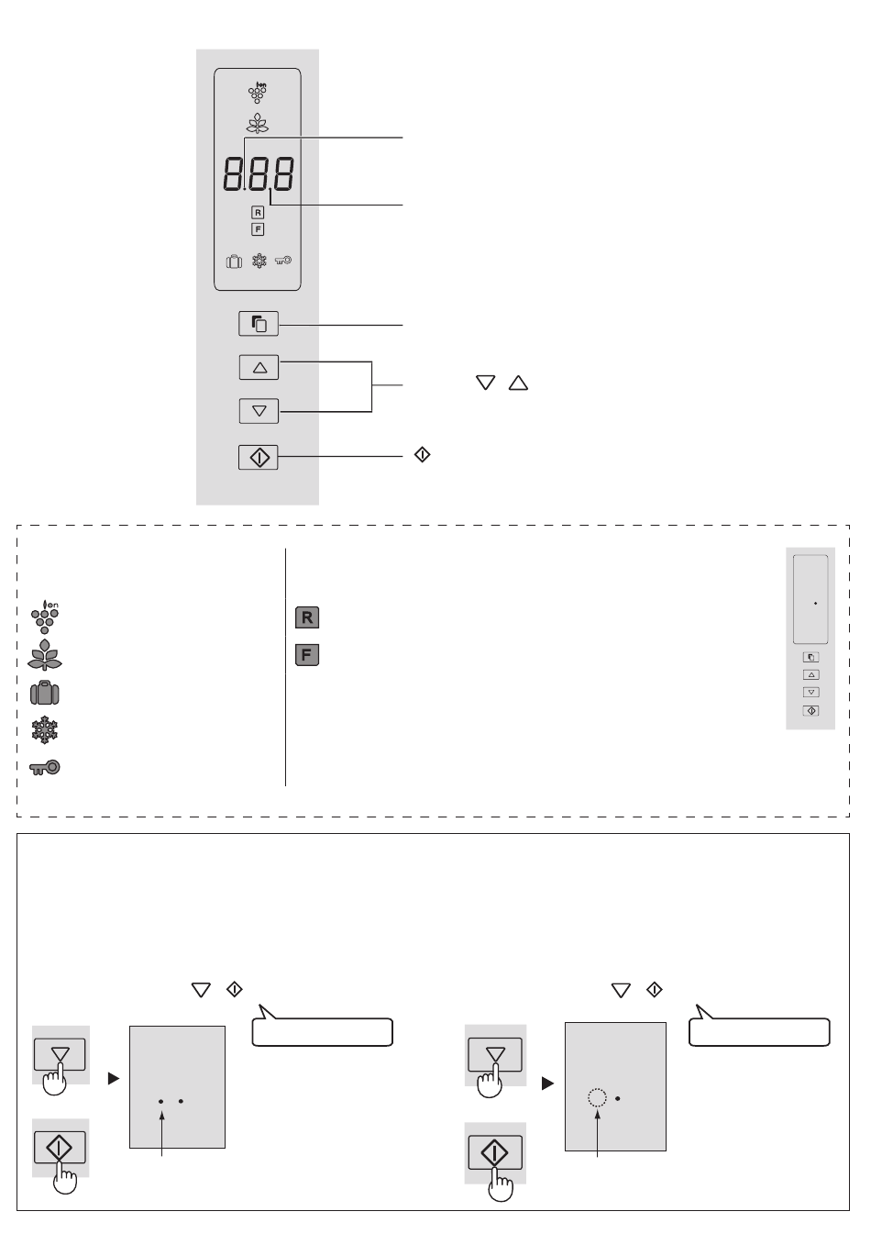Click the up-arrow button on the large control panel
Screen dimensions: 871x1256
tap(259, 367)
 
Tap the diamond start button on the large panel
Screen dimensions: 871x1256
tap(259, 457)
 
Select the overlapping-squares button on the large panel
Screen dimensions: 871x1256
tap(259, 324)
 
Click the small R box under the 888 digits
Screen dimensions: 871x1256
tap(258, 213)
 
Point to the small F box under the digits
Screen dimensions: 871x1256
tap(258, 229)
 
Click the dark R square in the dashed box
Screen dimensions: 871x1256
tap(306, 617)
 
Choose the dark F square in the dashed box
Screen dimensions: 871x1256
tap(306, 654)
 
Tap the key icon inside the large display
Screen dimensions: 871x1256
tap(283, 261)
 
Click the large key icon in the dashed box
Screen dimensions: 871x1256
tap(45, 767)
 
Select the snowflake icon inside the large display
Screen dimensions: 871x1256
tap(259, 261)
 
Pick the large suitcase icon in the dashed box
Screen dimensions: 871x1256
tap(45, 693)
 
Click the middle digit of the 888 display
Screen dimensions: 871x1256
tap(259, 173)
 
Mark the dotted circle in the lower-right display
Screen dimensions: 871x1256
tap(597, 1097)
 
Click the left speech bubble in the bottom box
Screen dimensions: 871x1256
tap(323, 1028)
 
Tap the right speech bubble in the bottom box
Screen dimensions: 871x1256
tap(759, 1028)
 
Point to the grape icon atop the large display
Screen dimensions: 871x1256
tap(258, 93)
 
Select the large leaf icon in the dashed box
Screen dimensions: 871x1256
tap(45, 654)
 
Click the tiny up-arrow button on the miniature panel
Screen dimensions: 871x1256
tap(811, 674)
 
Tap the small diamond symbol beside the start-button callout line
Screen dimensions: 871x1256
tap(422, 454)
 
